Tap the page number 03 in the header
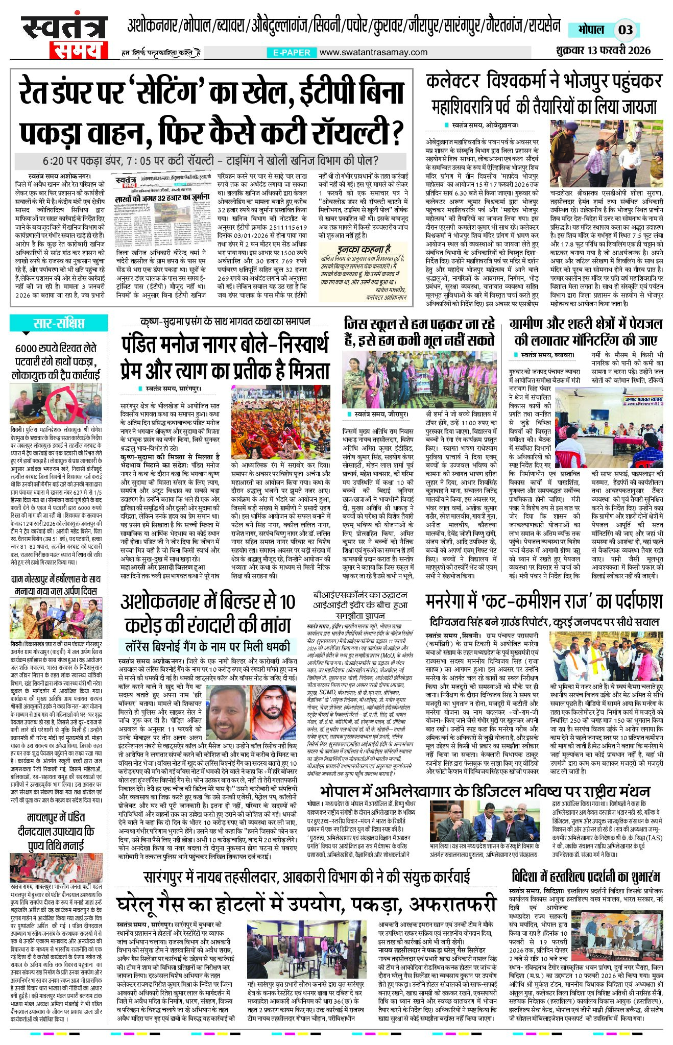coord(625,29)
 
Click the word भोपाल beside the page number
coord(591,29)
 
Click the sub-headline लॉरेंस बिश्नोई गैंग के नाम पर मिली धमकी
coord(208,647)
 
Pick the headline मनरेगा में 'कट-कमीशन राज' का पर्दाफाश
coord(544,602)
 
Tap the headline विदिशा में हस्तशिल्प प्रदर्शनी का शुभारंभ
coord(586,877)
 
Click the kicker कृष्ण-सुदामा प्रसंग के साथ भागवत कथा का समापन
coord(225,321)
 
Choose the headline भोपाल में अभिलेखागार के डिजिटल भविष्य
coord(485,791)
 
